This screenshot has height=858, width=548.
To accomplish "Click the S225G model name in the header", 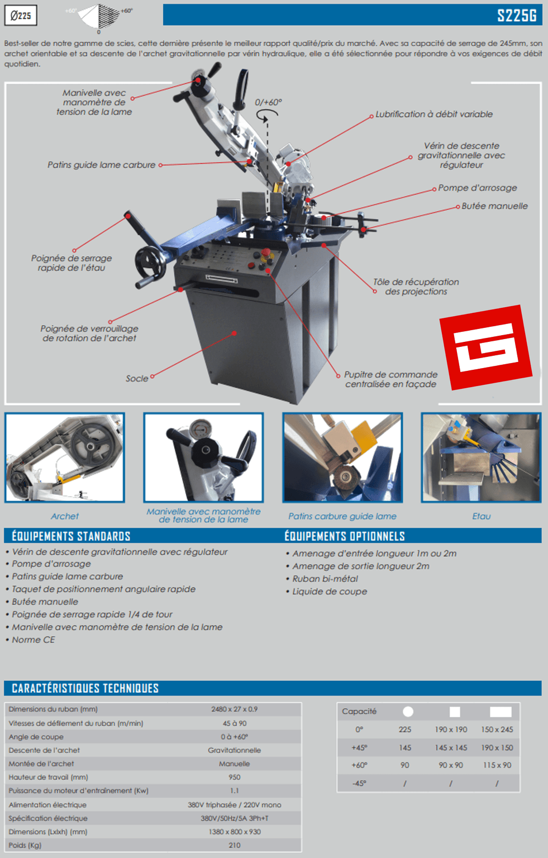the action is [x=517, y=15].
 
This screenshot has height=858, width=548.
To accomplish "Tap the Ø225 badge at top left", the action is [x=21, y=15].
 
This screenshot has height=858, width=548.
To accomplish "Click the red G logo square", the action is [x=486, y=347].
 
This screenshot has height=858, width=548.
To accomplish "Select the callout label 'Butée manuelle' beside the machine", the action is [x=494, y=206].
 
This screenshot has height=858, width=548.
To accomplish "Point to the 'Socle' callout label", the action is [x=137, y=378].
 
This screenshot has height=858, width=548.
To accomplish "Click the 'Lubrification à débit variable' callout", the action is [x=434, y=114].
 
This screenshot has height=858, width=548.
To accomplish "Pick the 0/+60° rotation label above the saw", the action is [x=269, y=102].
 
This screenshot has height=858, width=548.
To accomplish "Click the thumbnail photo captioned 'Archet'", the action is [x=65, y=457].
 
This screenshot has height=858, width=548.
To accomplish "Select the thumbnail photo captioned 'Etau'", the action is [x=481, y=457].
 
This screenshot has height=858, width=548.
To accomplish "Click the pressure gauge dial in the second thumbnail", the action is [x=201, y=430].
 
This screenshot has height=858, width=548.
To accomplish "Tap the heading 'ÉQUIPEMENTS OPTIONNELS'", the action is [x=345, y=536].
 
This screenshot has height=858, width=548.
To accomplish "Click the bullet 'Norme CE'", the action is [x=34, y=640].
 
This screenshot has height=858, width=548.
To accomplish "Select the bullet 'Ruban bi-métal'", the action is [x=325, y=579].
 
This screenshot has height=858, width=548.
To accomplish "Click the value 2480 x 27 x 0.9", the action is [x=235, y=709].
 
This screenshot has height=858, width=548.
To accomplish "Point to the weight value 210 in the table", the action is [x=235, y=845].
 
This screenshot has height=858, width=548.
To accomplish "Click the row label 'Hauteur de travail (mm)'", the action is [x=48, y=777].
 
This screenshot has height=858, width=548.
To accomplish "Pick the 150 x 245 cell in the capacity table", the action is [x=497, y=730].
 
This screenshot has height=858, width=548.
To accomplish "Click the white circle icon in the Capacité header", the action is [x=408, y=712].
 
